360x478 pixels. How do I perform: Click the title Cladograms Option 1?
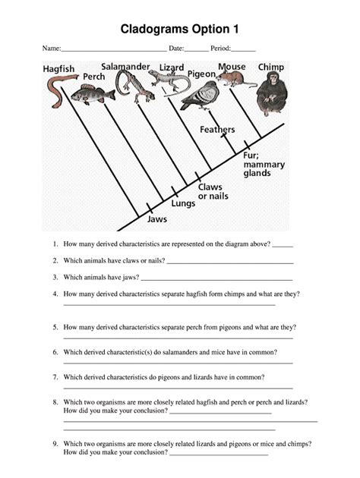pyautogui.click(x=180, y=29)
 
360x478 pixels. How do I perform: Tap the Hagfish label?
pyautogui.click(x=58, y=69)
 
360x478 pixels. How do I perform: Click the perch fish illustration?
pyautogui.click(x=92, y=95)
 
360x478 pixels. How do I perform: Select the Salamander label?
pyautogui.click(x=125, y=67)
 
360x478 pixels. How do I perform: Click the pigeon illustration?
pyautogui.click(x=200, y=96)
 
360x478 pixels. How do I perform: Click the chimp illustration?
pyautogui.click(x=271, y=93)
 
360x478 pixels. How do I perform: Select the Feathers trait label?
pyautogui.click(x=217, y=130)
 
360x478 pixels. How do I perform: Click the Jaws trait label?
pyautogui.click(x=156, y=219)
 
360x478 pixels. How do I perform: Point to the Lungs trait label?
pyautogui.click(x=183, y=203)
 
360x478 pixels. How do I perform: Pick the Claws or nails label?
pyautogui.click(x=213, y=191)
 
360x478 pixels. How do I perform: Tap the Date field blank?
pyautogui.click(x=197, y=49)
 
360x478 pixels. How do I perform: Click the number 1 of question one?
pyautogui.click(x=55, y=245)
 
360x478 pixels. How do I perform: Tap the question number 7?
pyautogui.click(x=55, y=377)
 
